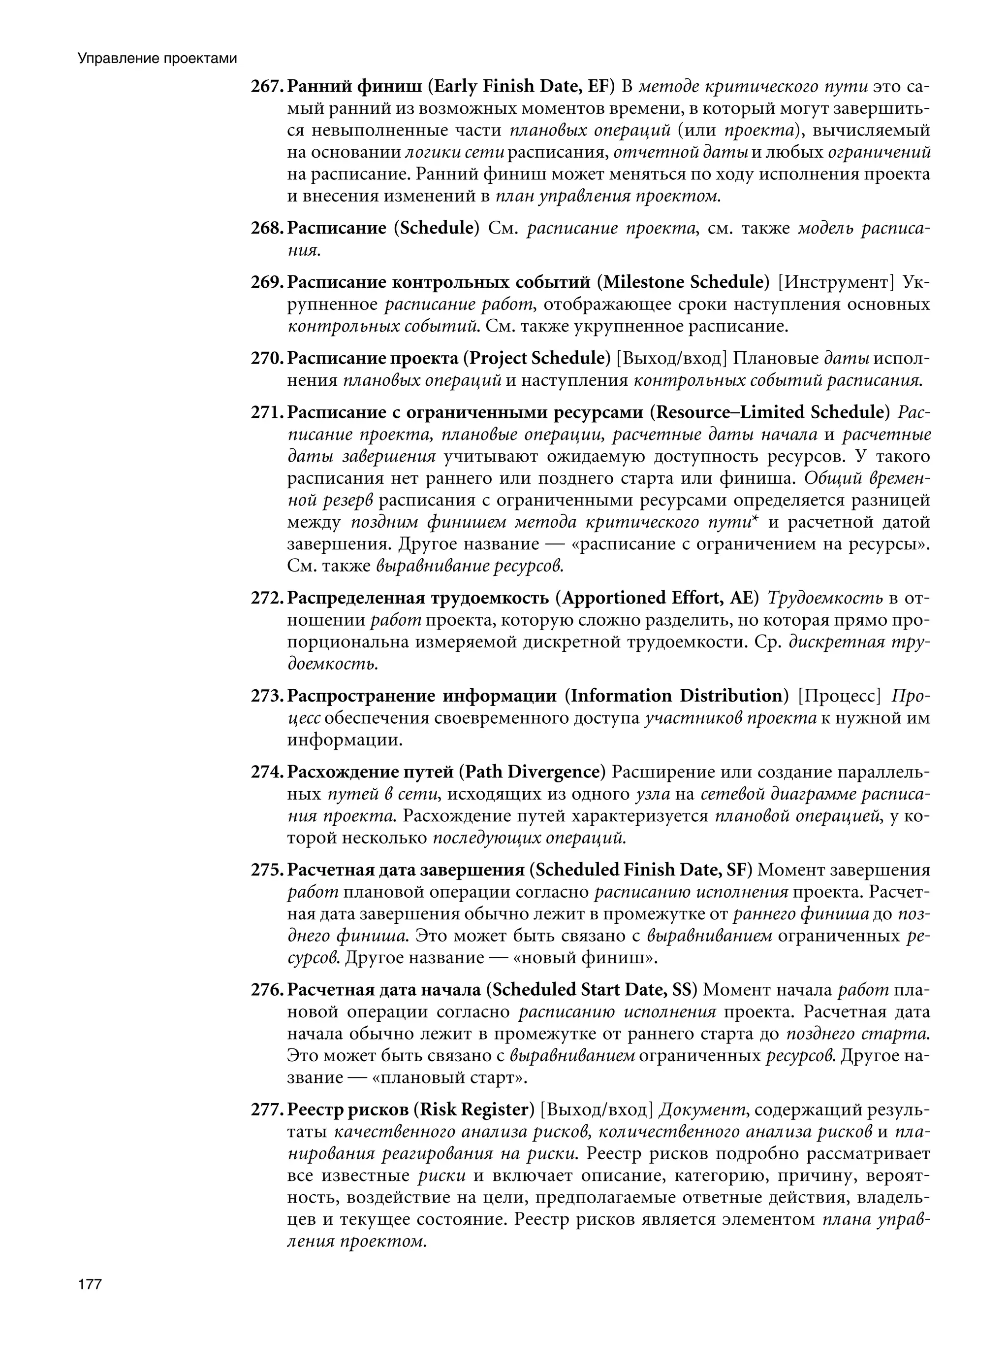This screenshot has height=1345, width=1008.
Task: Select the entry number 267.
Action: tap(265, 86)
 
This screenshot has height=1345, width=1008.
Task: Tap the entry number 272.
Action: tap(265, 598)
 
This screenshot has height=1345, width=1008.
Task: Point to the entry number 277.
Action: tap(265, 1110)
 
